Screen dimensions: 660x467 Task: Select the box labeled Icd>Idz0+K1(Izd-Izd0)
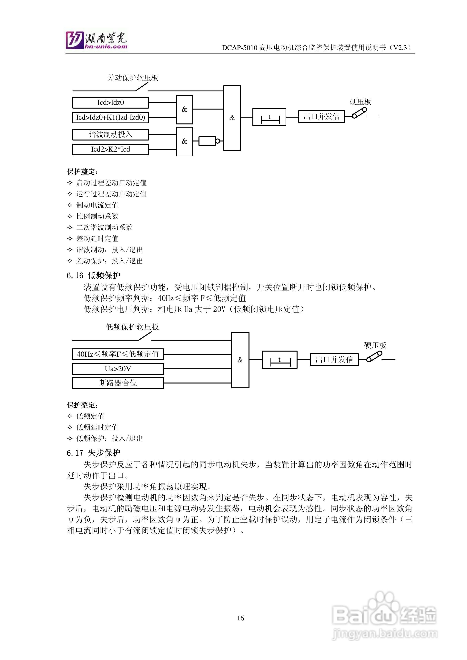(x=110, y=117)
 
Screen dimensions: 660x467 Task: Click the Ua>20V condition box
(x=118, y=369)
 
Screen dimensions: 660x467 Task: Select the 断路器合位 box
(x=118, y=383)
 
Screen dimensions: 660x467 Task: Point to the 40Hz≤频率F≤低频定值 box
(x=118, y=354)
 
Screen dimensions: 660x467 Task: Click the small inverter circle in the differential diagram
(x=218, y=141)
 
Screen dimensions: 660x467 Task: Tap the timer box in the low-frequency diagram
(x=279, y=360)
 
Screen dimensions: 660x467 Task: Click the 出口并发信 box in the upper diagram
(x=321, y=116)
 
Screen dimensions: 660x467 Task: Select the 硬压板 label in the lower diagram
(x=375, y=345)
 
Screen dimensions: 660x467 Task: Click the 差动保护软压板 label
(x=133, y=78)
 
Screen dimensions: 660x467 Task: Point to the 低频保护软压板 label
(x=132, y=327)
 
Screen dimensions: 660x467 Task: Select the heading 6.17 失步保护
(x=94, y=453)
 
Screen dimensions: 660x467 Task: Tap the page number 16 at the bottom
(x=240, y=618)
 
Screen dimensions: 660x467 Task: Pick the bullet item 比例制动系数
(x=97, y=216)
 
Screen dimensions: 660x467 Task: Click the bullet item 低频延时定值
(x=97, y=427)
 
